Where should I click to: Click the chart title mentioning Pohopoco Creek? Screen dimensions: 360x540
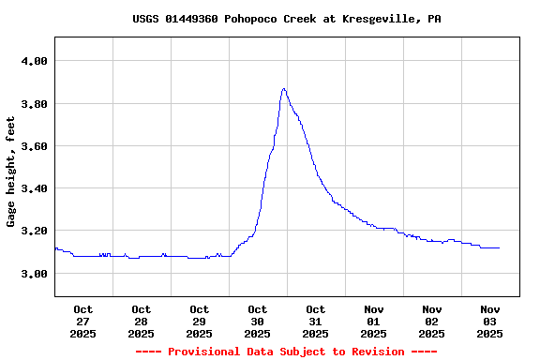click(286, 19)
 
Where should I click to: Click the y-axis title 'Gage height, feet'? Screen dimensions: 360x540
click(11, 172)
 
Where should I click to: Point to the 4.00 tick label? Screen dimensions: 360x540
click(34, 61)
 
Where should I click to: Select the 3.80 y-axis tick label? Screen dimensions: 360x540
click(34, 103)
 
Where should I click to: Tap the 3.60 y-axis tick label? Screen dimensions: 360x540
click(34, 146)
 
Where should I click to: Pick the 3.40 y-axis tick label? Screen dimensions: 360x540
click(34, 188)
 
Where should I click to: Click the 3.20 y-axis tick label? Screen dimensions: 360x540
click(34, 231)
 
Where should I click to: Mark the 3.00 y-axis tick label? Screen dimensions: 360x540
click(34, 274)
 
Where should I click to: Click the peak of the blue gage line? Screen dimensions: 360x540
click(283, 89)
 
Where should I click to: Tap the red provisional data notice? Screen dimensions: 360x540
click(286, 352)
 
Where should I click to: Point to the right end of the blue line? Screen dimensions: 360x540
click(499, 247)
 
